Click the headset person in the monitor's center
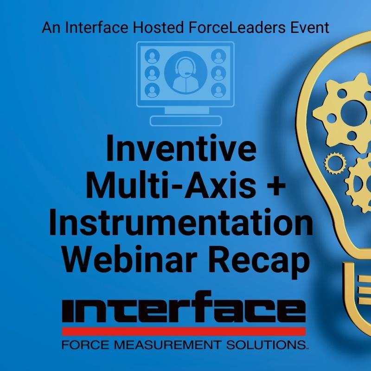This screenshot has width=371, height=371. (186, 73)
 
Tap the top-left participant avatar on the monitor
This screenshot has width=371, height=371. (152, 56)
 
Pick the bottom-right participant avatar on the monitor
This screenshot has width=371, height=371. (218, 90)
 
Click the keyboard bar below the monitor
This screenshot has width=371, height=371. (186, 121)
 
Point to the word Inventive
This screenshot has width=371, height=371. (181, 148)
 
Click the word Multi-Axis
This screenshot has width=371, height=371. (171, 185)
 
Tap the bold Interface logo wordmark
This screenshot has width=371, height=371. (184, 307)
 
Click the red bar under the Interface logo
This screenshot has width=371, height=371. (184, 331)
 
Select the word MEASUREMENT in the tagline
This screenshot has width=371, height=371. (167, 345)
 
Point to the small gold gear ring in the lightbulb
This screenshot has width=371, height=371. (334, 163)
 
